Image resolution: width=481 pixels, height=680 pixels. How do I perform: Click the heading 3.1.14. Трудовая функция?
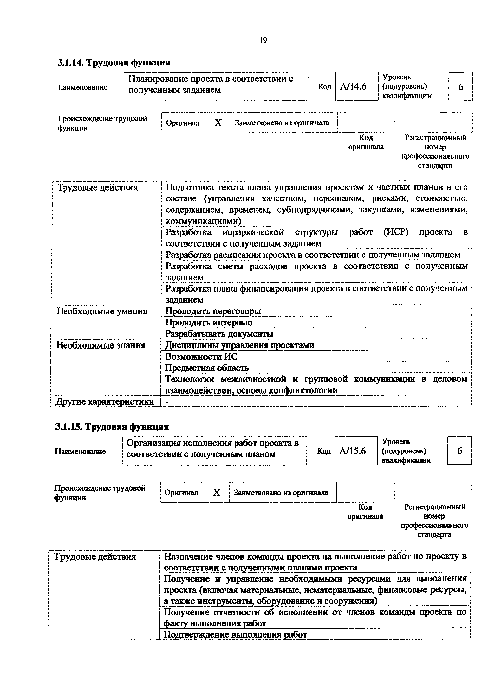(x=114, y=63)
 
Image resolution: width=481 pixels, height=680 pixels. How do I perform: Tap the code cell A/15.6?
(x=356, y=451)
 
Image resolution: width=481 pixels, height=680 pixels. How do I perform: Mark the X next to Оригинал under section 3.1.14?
(x=218, y=123)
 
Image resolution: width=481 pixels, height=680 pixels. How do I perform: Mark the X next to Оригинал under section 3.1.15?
(x=217, y=493)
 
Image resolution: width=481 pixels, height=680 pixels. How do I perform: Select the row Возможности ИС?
(x=202, y=357)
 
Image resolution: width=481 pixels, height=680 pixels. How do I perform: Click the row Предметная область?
(x=207, y=368)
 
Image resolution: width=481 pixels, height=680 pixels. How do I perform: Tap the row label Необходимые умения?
(x=102, y=311)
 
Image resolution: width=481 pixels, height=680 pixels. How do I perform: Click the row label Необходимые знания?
(x=101, y=345)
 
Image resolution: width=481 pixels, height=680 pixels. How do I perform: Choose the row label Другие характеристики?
(x=105, y=402)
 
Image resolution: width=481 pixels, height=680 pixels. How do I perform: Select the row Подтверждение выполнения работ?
(x=236, y=634)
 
